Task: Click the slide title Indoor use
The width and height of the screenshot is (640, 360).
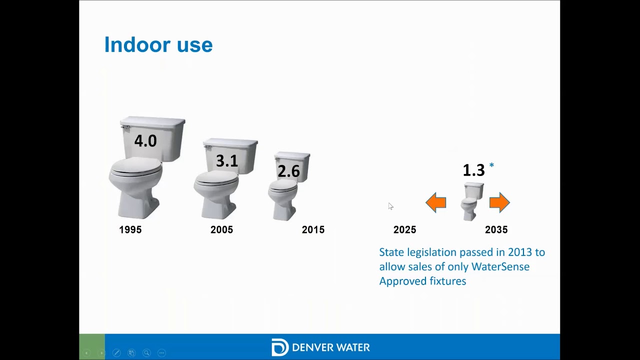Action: [x=158, y=45]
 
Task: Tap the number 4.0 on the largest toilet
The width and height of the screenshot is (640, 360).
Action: [x=145, y=141]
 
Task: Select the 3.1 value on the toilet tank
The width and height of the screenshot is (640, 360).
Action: [x=226, y=161]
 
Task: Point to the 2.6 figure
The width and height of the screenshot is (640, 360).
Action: [x=288, y=171]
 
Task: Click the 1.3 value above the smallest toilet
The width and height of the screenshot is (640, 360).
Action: [x=473, y=170]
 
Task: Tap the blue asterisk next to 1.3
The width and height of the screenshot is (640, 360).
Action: [x=491, y=166]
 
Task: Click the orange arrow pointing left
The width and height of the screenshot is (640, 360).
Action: [x=436, y=202]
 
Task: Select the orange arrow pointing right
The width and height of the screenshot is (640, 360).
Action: [x=499, y=202]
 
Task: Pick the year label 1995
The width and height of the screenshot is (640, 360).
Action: [x=130, y=230]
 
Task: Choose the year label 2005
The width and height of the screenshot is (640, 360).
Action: [x=221, y=230]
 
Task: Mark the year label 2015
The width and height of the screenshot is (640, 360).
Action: [x=313, y=230]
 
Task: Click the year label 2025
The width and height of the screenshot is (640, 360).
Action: [x=404, y=230]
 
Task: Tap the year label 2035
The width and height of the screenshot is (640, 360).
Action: [x=496, y=230]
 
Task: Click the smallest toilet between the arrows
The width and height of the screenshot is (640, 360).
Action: [x=470, y=201]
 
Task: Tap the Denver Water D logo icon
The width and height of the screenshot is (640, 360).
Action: [x=279, y=347]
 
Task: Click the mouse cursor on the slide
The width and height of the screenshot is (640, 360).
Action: [x=390, y=206]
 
